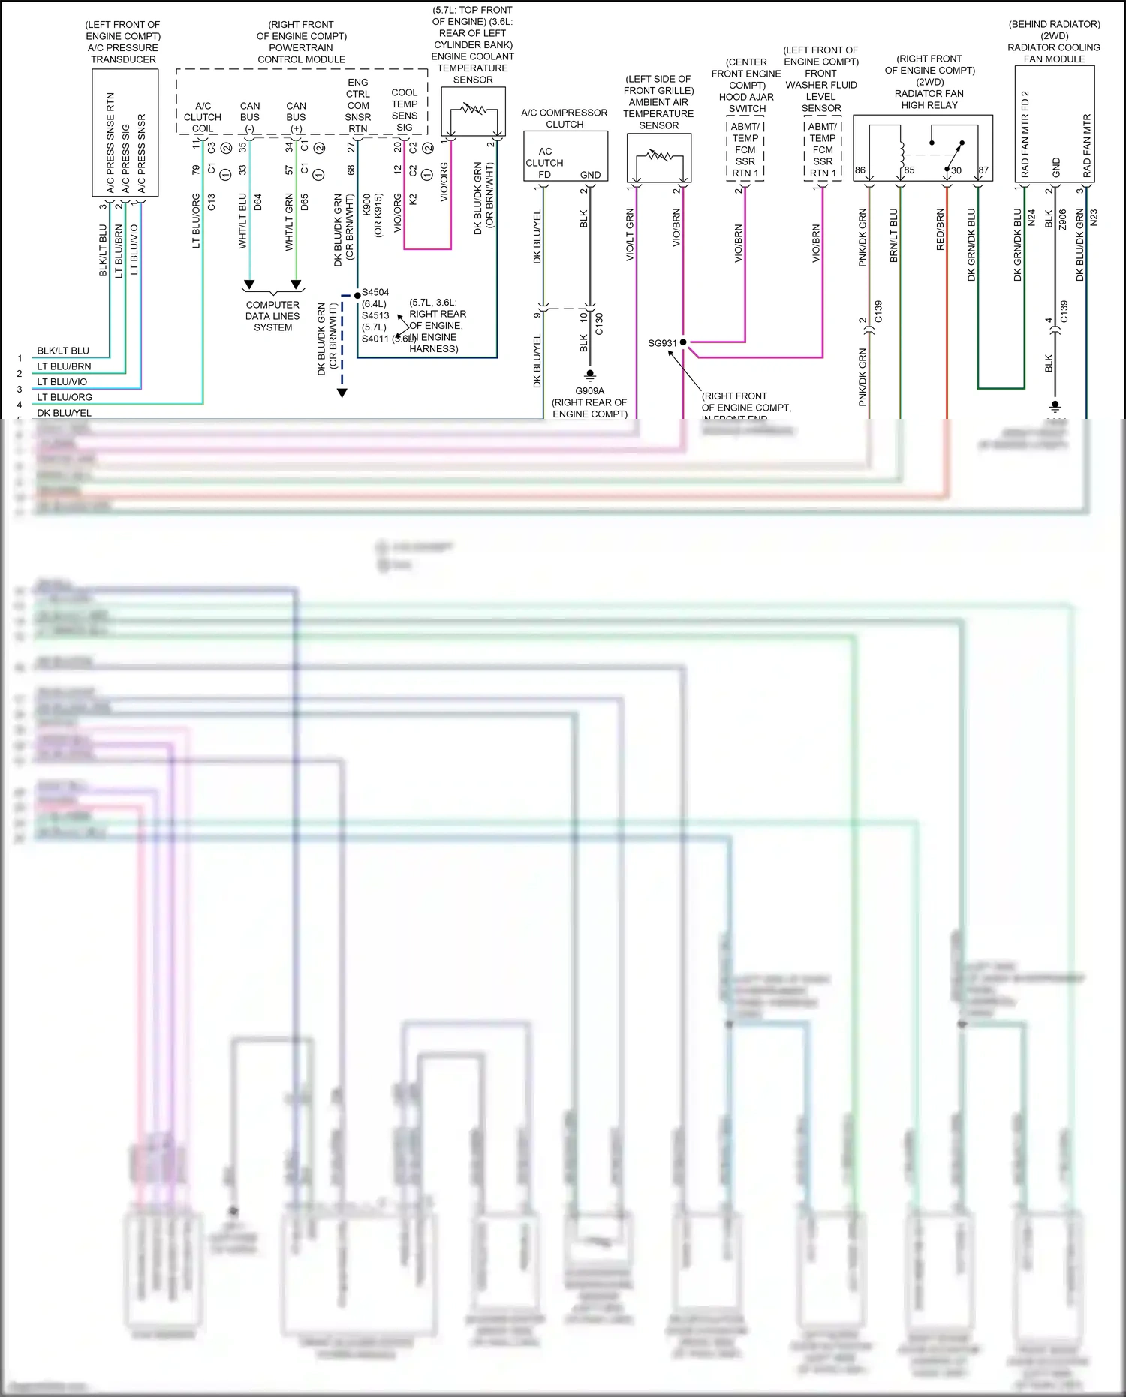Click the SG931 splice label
pyautogui.click(x=662, y=343)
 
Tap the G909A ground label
pyautogui.click(x=589, y=390)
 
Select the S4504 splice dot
pyautogui.click(x=357, y=296)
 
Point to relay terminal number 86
pyautogui.click(x=860, y=170)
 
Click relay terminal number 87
pyautogui.click(x=983, y=170)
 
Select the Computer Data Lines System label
pyautogui.click(x=272, y=316)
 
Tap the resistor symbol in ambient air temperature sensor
pyautogui.click(x=659, y=155)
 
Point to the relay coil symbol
pyautogui.click(x=901, y=154)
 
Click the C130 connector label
pyautogui.click(x=599, y=324)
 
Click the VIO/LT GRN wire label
pyautogui.click(x=630, y=235)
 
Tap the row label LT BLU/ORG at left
pyautogui.click(x=65, y=397)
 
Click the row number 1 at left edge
pyautogui.click(x=20, y=358)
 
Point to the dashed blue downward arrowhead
pyautogui.click(x=342, y=393)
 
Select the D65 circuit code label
pyautogui.click(x=305, y=202)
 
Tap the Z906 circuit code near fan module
pyautogui.click(x=1063, y=219)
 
